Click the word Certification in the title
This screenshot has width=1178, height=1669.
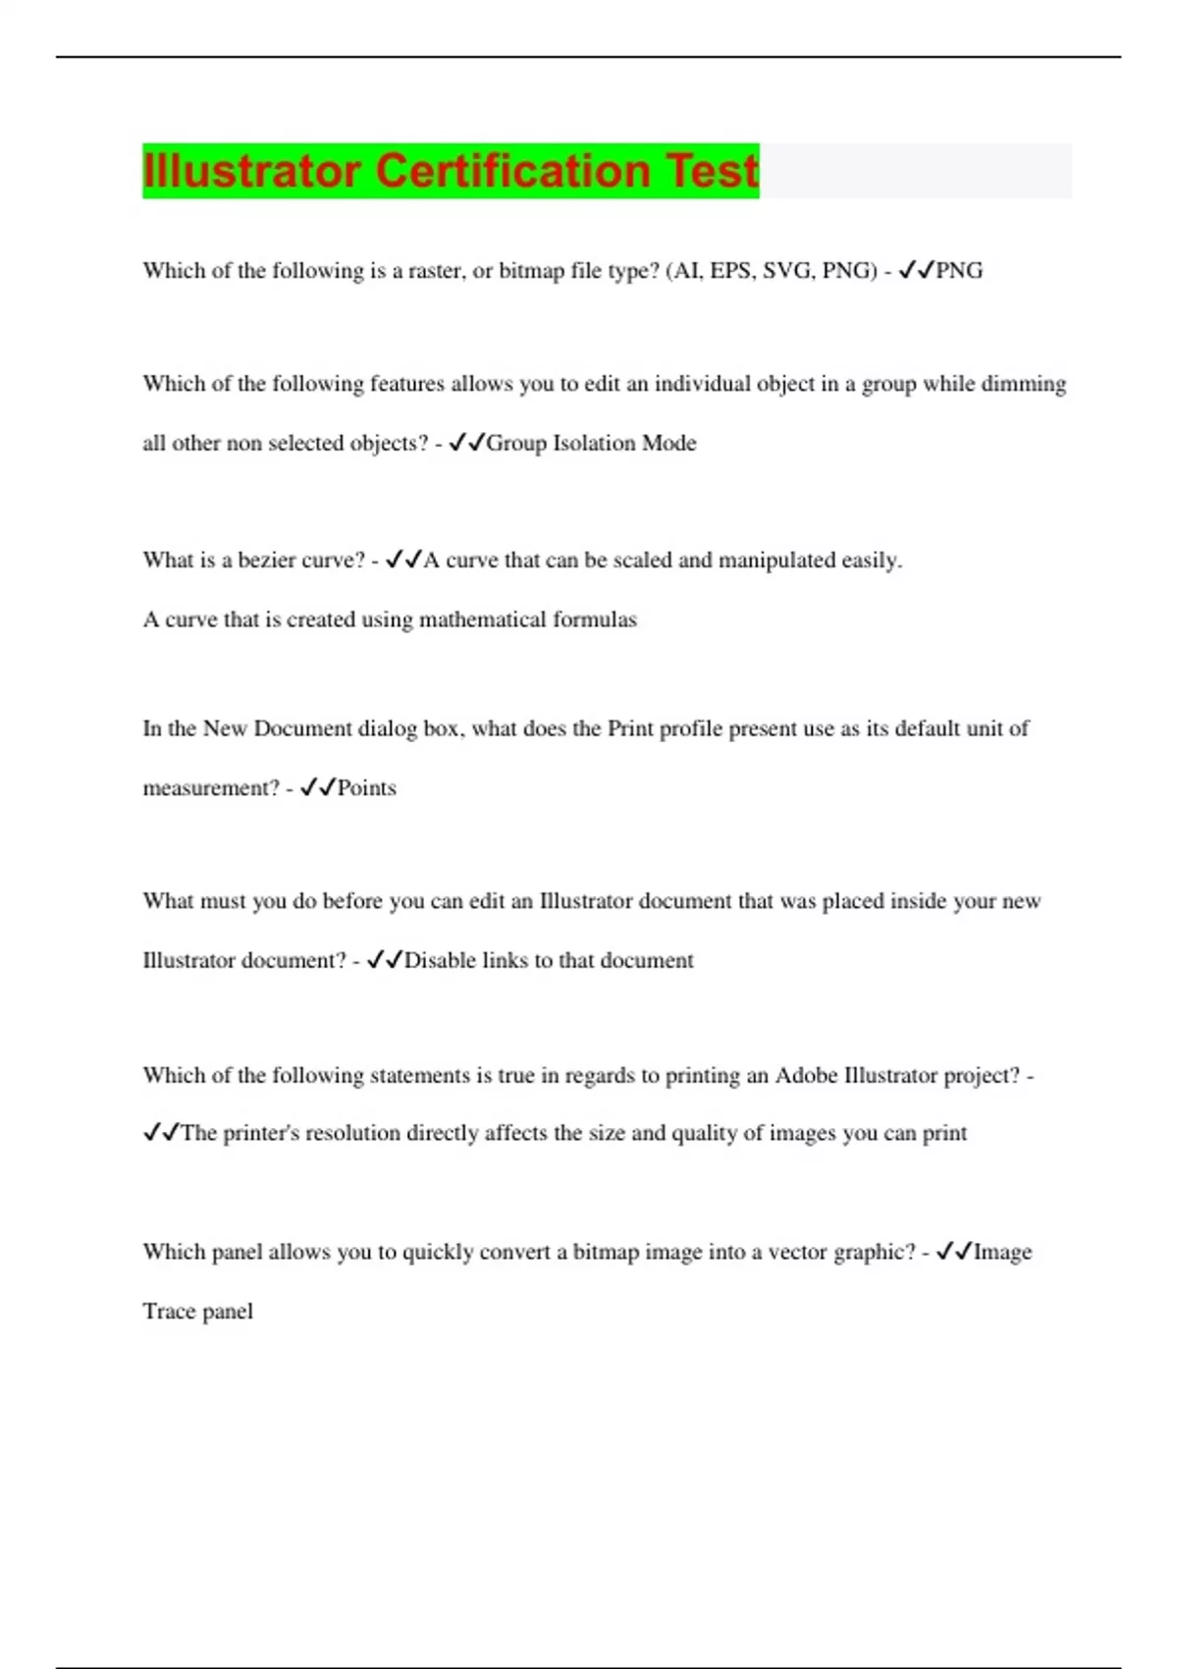coord(513,170)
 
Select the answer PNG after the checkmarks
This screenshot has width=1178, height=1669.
coord(959,271)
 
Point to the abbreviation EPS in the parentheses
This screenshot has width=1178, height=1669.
coord(730,271)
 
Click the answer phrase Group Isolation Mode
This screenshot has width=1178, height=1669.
coord(591,443)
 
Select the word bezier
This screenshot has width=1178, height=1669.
coord(273,561)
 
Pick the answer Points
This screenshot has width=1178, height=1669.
coord(367,788)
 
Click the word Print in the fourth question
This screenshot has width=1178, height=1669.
coord(630,728)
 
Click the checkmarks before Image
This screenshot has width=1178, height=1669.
coord(953,1252)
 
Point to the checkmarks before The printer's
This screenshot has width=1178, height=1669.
coord(161,1133)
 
